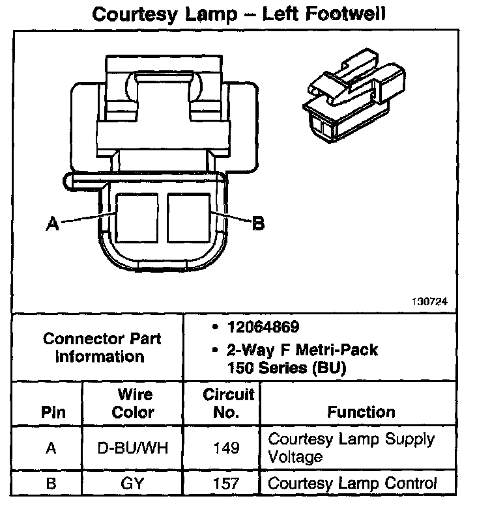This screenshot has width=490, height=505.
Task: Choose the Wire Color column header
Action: click(133, 403)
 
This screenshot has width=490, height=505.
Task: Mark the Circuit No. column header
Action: click(227, 403)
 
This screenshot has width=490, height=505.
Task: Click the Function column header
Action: click(361, 412)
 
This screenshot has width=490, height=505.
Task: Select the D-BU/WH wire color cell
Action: click(133, 448)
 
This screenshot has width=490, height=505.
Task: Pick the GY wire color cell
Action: click(133, 484)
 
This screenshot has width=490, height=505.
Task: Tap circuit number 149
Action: click(227, 448)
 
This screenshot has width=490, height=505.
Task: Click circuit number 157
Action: click(227, 484)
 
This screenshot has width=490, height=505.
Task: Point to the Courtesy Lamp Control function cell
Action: click(352, 484)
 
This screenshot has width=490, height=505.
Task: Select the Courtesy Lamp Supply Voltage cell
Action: click(351, 448)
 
